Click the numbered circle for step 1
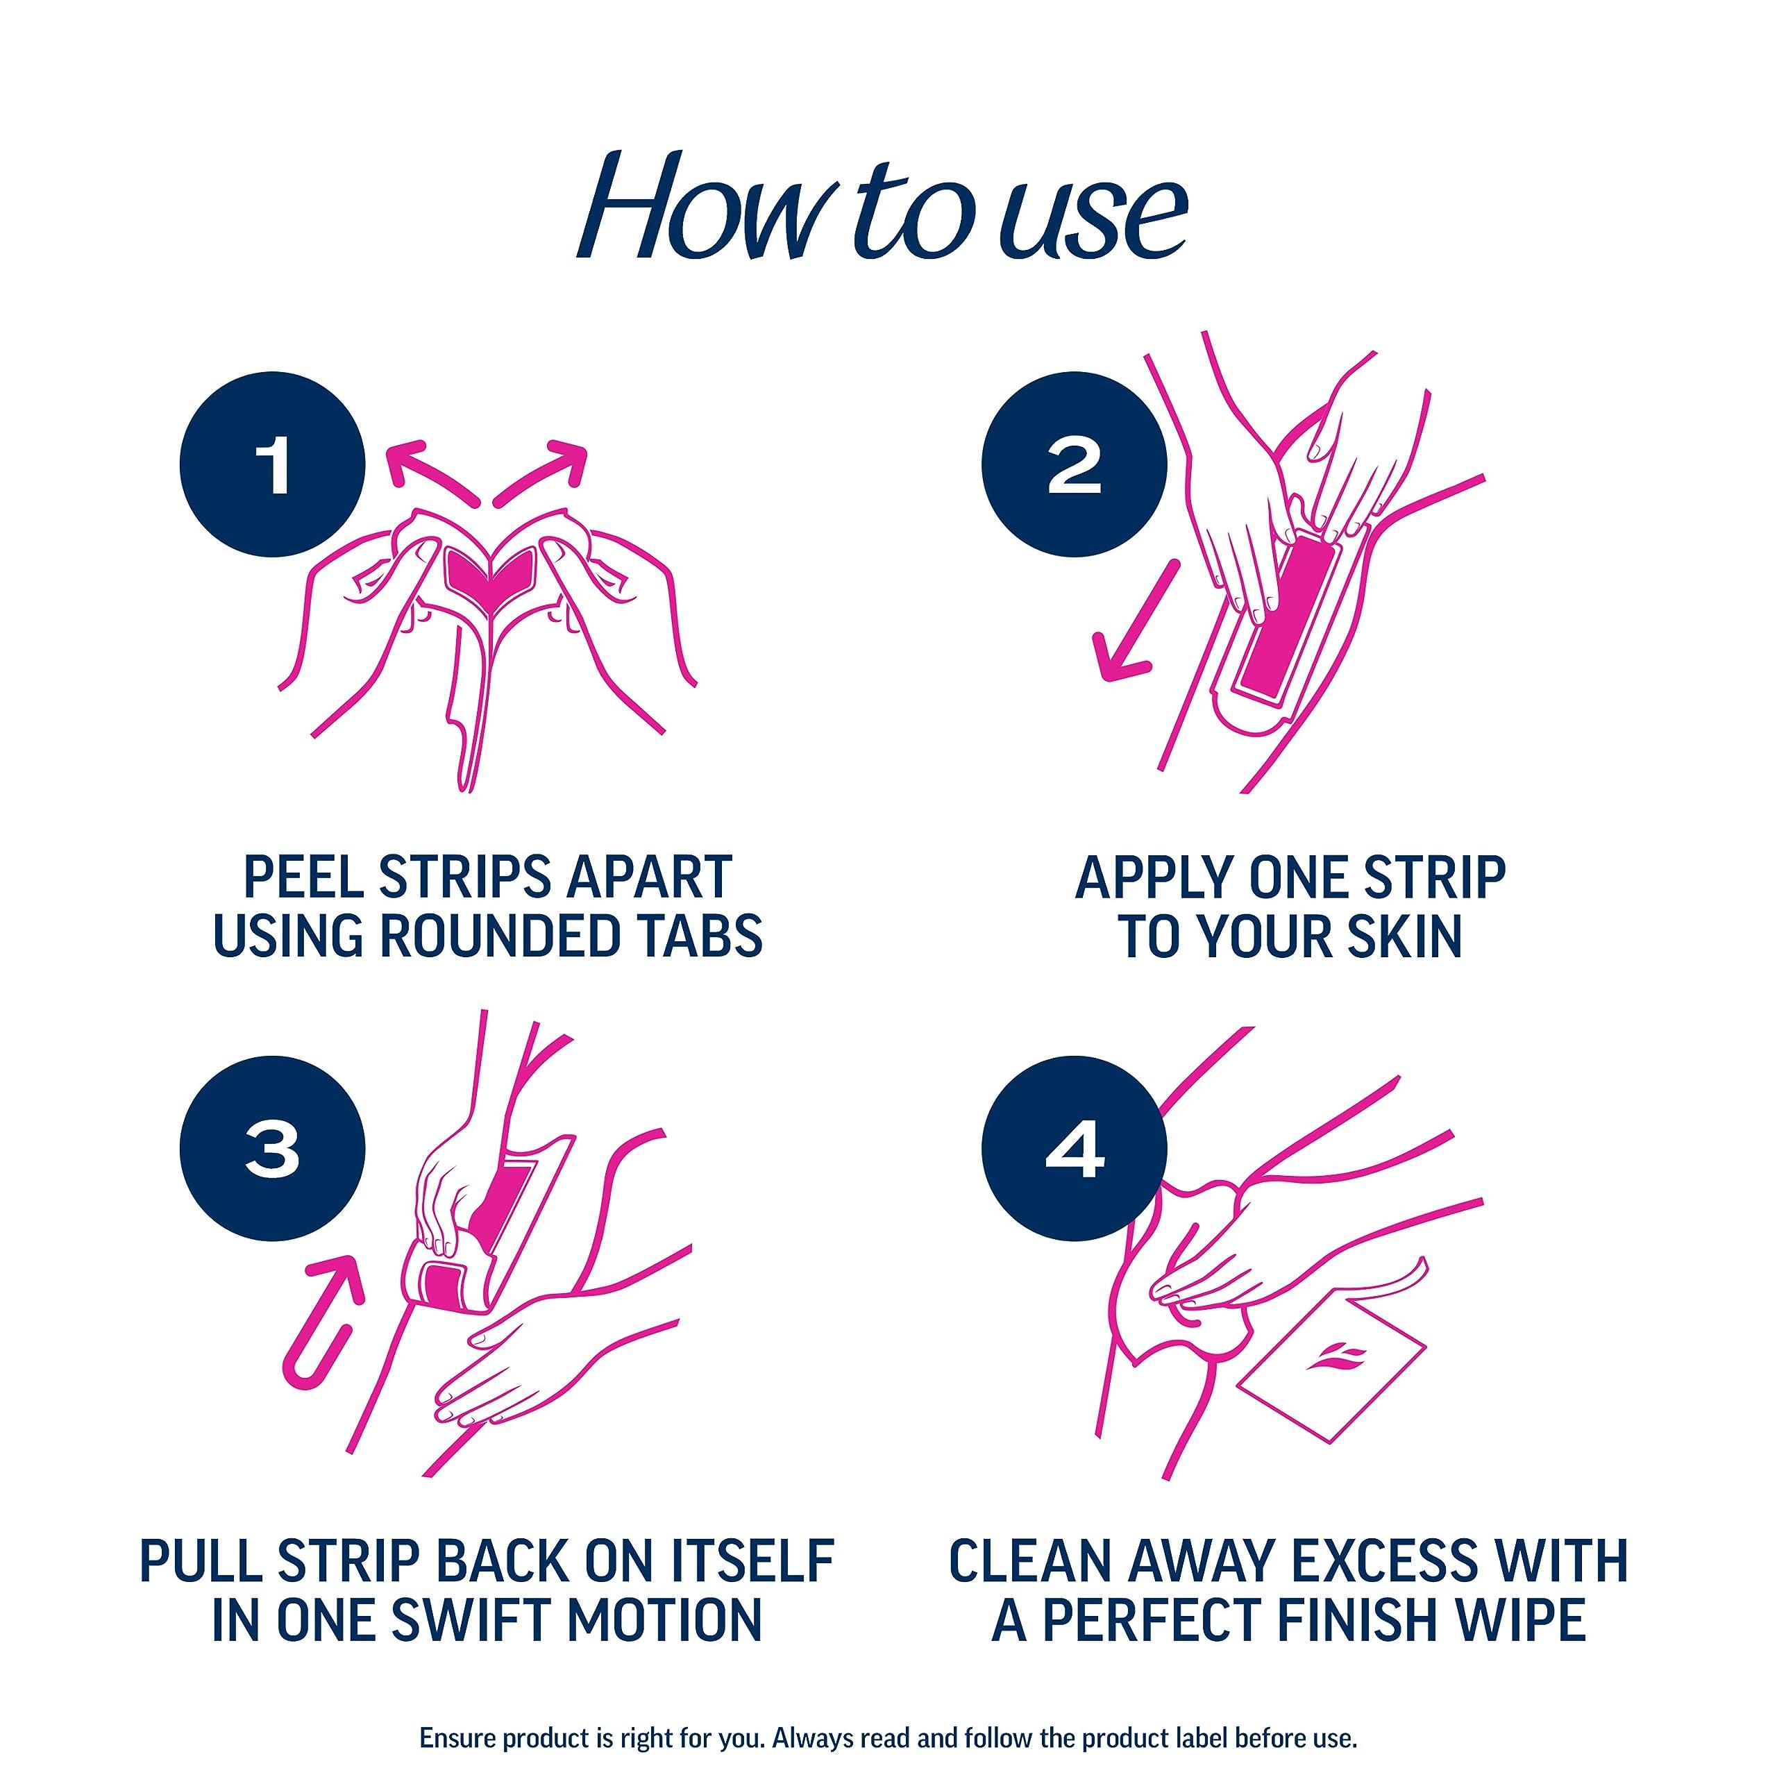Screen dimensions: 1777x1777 click(273, 465)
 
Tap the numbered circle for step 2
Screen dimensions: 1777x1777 click(1075, 465)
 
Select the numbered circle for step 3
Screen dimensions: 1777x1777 click(273, 1149)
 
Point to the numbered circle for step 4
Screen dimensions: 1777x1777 click(1075, 1149)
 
